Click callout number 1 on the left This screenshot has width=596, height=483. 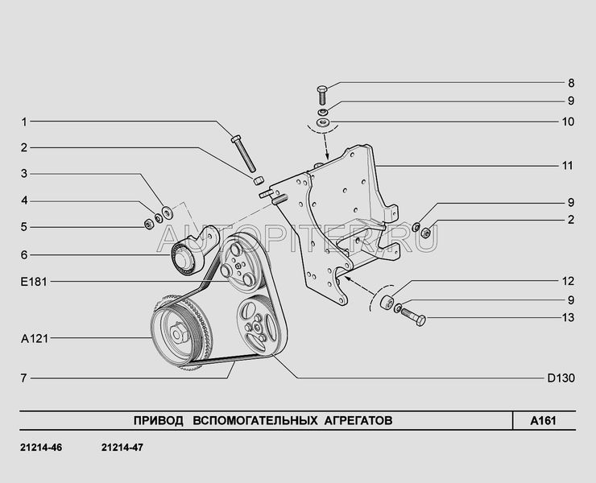pos(24,122)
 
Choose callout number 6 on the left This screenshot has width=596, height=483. pos(24,254)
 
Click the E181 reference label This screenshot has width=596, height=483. pos(34,282)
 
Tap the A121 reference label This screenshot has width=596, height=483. pos(34,339)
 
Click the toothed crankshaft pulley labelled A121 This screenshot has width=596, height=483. pos(179,331)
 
